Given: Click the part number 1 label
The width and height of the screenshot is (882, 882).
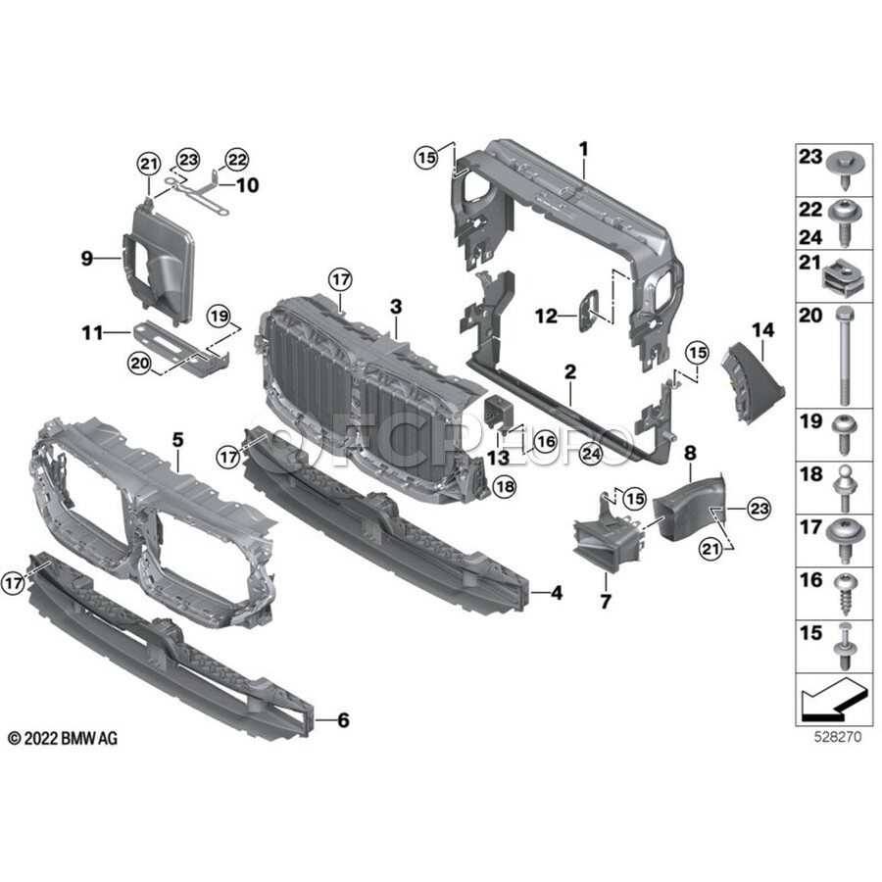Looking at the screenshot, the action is click(x=584, y=150).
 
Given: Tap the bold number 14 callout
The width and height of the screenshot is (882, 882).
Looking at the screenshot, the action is click(x=763, y=330).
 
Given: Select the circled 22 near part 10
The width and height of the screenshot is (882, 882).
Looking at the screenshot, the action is click(x=237, y=161).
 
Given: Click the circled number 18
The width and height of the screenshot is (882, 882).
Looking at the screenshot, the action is click(x=505, y=486).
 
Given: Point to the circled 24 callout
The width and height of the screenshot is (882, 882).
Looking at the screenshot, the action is click(x=591, y=453).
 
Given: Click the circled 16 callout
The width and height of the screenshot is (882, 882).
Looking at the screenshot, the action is click(x=545, y=442).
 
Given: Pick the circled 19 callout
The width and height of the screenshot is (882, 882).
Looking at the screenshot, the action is click(x=219, y=317).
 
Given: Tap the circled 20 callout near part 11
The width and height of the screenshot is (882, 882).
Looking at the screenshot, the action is click(x=139, y=363).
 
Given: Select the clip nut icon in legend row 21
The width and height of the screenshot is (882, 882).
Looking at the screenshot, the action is click(x=842, y=273).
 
